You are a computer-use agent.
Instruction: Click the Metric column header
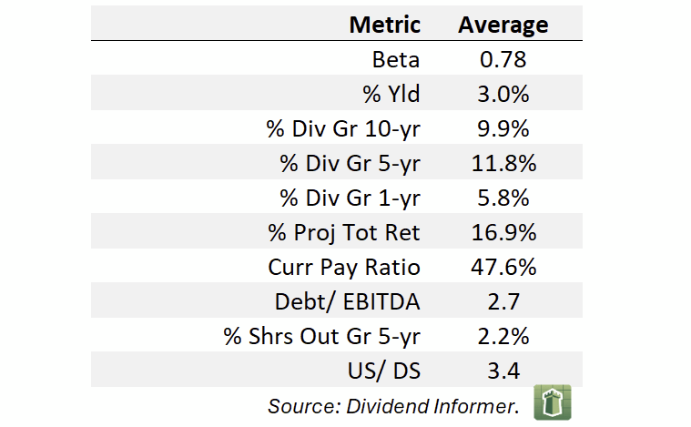click(x=385, y=25)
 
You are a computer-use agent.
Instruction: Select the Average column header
click(x=503, y=25)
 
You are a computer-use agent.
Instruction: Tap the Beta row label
click(x=396, y=59)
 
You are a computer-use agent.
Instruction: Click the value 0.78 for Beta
click(x=503, y=59)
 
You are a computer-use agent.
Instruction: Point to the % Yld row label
click(x=391, y=94)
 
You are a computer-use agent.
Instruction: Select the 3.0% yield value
click(x=503, y=94)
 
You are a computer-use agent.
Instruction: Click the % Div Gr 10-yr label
click(x=343, y=129)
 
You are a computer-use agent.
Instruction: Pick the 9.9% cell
click(x=503, y=128)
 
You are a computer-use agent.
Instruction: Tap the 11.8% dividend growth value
click(x=503, y=163)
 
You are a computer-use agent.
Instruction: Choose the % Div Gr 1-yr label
click(x=350, y=198)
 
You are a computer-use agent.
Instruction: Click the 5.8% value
click(x=503, y=198)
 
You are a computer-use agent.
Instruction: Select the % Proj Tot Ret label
click(x=344, y=233)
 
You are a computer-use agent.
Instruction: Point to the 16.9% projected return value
click(x=503, y=232)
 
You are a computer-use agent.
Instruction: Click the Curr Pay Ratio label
click(x=344, y=268)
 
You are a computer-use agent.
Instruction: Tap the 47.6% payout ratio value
click(x=503, y=267)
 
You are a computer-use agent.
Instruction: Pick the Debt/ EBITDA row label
click(x=347, y=302)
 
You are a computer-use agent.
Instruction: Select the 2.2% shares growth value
click(x=503, y=336)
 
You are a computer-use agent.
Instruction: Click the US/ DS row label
click(x=384, y=371)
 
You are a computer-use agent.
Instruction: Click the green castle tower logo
click(x=553, y=402)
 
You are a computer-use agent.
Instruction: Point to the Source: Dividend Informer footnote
click(x=393, y=406)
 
